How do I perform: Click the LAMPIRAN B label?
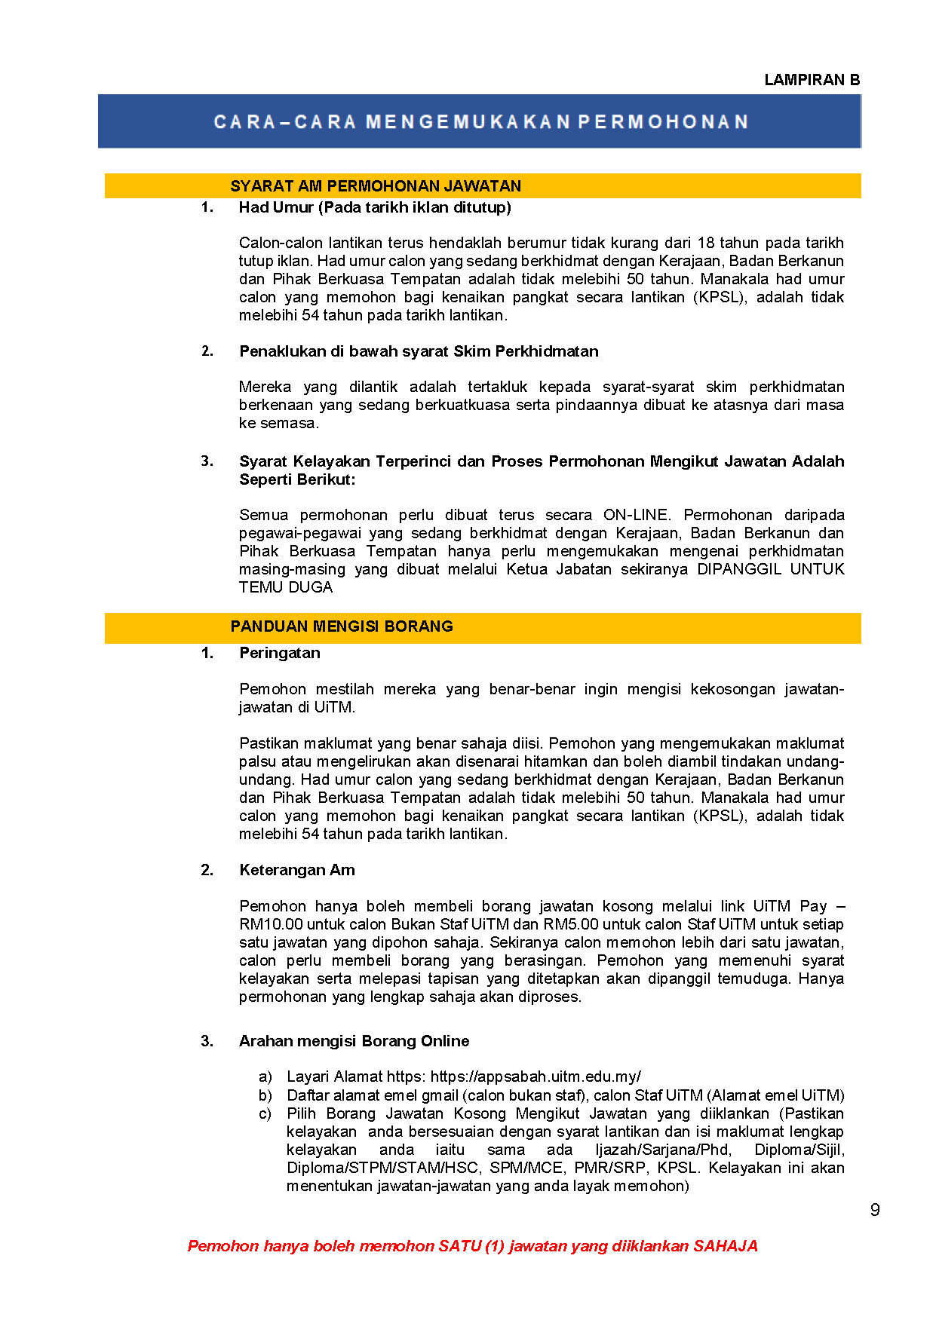812,80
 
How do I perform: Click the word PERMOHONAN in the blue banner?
663,122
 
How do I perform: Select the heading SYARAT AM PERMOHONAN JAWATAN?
376,186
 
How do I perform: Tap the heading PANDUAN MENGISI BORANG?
342,626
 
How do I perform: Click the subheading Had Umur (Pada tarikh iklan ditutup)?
375,207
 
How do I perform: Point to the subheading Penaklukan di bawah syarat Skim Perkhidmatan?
419,351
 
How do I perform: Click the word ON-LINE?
636,515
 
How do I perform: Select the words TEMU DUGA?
286,587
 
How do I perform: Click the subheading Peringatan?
280,653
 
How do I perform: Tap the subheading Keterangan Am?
297,870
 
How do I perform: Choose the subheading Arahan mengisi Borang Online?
354,1041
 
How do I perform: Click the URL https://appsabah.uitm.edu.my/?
536,1076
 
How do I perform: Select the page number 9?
875,1210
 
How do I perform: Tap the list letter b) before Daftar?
265,1095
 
